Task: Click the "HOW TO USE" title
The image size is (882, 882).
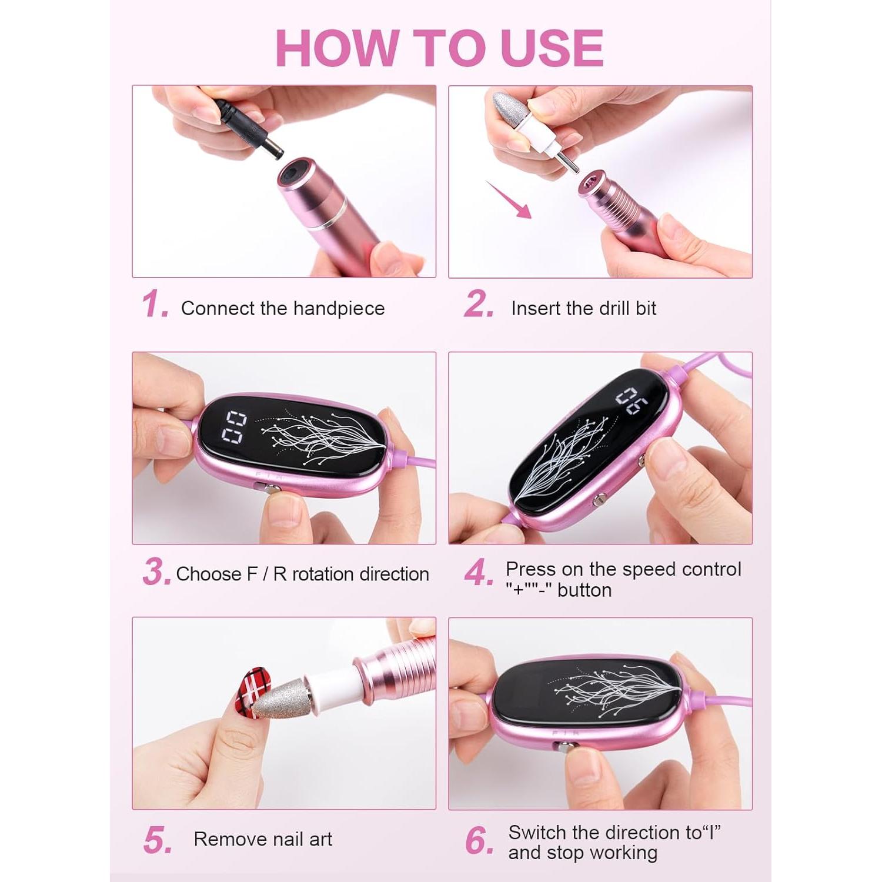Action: (x=439, y=47)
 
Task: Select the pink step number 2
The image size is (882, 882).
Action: (x=477, y=305)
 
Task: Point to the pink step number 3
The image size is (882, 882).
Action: (x=156, y=572)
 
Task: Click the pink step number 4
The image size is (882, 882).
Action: (x=478, y=573)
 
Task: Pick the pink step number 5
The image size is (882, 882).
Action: (x=156, y=840)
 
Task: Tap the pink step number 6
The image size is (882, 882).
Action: (x=478, y=841)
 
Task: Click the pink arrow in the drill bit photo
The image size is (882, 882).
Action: (x=509, y=200)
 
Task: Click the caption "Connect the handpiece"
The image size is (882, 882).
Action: (x=282, y=308)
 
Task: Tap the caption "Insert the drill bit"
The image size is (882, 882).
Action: (x=583, y=308)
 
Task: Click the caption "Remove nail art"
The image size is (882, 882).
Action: (x=263, y=839)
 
